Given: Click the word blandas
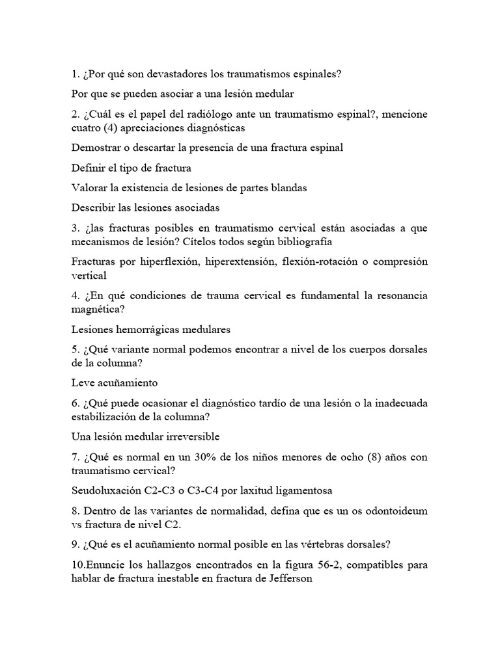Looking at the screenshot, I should pyautogui.click(x=288, y=188).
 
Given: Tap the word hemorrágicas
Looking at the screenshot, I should pyautogui.click(x=150, y=329).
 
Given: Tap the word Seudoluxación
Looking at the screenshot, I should pyautogui.click(x=104, y=490).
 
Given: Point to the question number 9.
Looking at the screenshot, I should pyautogui.click(x=75, y=544).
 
